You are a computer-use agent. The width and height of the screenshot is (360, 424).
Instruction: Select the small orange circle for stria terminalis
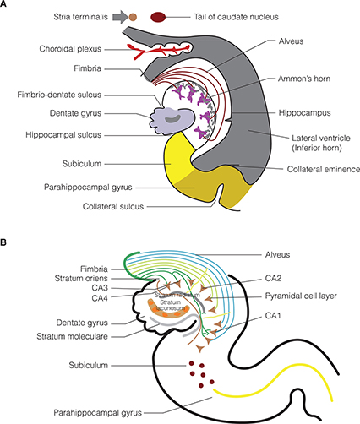click(133, 16)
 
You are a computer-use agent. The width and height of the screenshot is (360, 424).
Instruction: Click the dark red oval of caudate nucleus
click(159, 16)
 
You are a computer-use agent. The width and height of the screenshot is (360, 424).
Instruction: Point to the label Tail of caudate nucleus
click(223, 16)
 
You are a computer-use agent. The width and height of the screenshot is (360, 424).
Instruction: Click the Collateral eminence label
click(295, 169)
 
